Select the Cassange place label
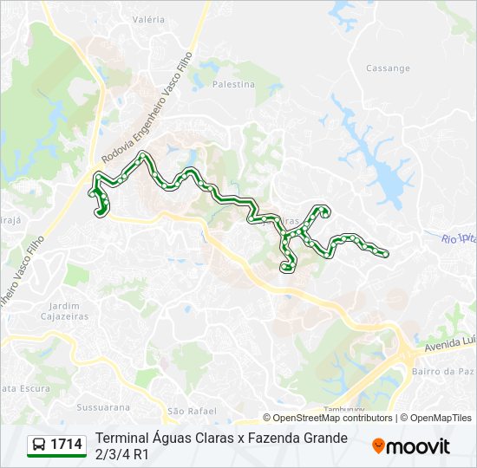click(x=388, y=68)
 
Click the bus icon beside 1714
click(x=39, y=445)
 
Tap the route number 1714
click(x=67, y=445)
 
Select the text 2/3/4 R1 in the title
click(x=122, y=453)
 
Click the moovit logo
click(x=411, y=446)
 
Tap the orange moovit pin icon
click(x=378, y=446)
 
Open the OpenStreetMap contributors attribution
click(x=332, y=418)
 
